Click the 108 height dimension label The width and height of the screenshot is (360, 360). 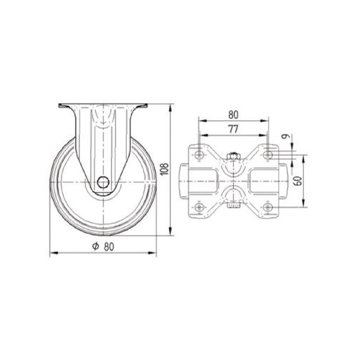[165, 170]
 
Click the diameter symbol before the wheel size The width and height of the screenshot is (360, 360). [95, 247]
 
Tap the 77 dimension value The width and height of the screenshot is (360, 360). [233, 130]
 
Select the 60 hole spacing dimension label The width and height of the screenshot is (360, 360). [298, 181]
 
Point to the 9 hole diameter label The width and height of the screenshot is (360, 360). [285, 136]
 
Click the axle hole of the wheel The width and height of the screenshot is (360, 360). [103, 182]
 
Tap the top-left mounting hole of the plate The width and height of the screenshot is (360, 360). [199, 155]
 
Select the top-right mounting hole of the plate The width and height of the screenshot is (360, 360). [267, 155]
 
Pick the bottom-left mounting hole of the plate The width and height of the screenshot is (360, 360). [199, 207]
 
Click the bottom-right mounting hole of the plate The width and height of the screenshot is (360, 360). [267, 207]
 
